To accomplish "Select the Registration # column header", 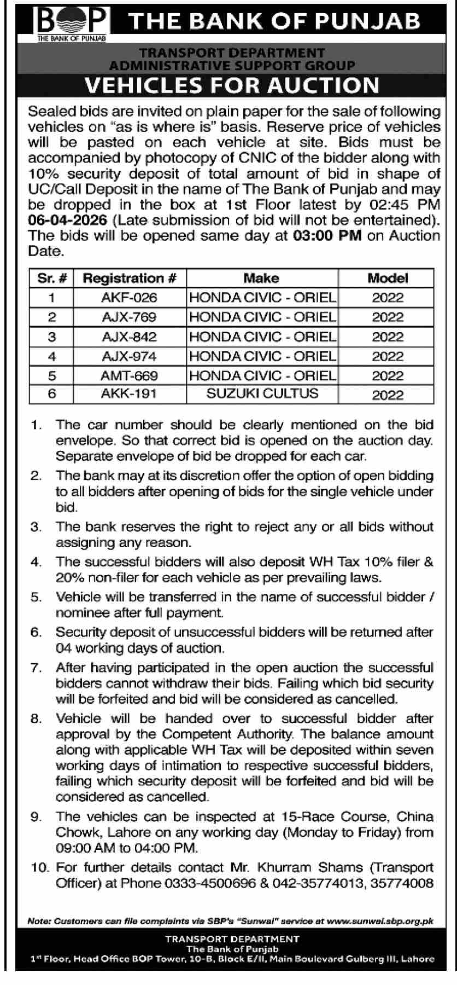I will [130, 278].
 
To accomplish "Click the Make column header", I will [261, 278].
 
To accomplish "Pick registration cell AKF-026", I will [129, 298].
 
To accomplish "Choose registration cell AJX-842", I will [129, 337].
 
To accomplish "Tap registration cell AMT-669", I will [129, 376].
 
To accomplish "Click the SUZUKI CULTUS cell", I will [262, 393].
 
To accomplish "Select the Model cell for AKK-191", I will [388, 395].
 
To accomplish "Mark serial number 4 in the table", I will [52, 357].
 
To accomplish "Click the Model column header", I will [388, 278].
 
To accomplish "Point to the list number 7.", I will [36, 668].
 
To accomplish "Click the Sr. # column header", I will [52, 278].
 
